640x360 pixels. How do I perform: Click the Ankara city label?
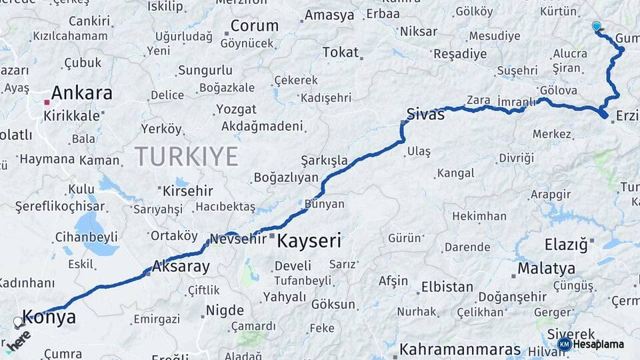tap(81, 93)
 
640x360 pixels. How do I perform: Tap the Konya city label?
tap(49, 317)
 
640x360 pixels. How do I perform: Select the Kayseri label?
tap(309, 241)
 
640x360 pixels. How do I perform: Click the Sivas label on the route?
tap(425, 115)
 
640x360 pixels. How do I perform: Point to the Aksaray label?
tap(181, 267)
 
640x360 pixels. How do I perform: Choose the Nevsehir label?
tap(238, 239)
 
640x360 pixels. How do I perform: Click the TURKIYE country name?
tap(187, 157)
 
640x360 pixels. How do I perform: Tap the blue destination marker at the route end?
tap(596, 26)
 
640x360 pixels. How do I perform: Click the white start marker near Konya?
tap(18, 322)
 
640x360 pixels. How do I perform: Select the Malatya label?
tap(546, 269)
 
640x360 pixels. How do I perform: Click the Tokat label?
tap(340, 52)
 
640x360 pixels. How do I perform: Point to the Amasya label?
tap(329, 15)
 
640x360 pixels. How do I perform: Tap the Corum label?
tap(255, 26)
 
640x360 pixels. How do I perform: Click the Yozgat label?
tap(236, 109)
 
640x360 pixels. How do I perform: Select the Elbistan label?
tap(447, 288)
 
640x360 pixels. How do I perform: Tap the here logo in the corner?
tap(19, 339)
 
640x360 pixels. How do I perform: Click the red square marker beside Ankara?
tap(46, 102)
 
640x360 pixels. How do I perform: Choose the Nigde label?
tap(225, 311)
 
